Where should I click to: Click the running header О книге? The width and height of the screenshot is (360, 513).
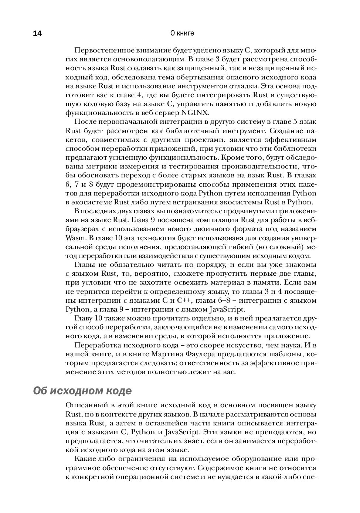182,33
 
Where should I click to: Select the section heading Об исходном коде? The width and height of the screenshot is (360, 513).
82,391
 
